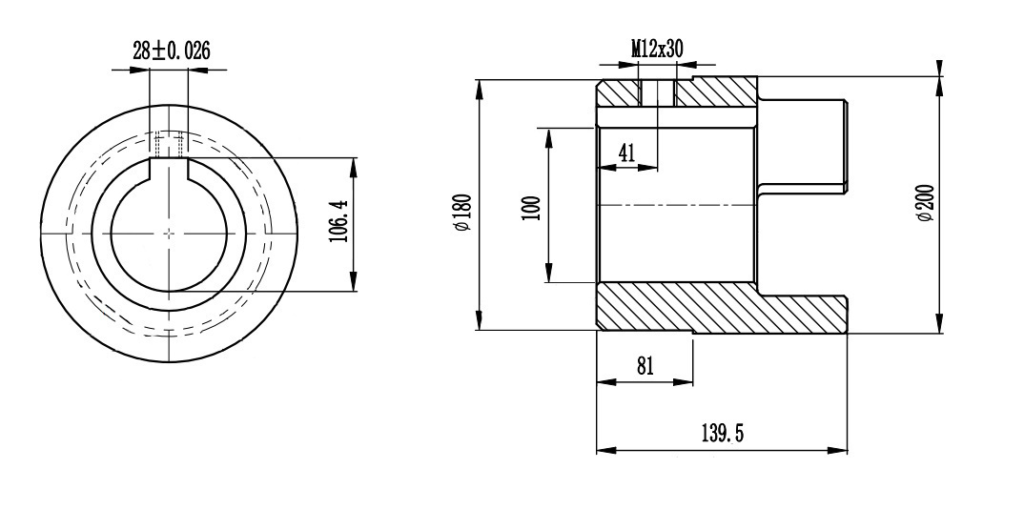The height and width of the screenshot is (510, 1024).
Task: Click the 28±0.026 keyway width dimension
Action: tap(172, 51)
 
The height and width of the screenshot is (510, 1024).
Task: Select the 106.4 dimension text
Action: tap(338, 221)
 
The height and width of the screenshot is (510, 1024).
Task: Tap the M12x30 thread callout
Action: tap(657, 49)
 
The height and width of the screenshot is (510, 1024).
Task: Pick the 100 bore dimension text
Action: tap(532, 209)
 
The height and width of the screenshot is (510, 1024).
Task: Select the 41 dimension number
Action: tap(626, 153)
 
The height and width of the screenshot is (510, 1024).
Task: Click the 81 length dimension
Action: tap(645, 365)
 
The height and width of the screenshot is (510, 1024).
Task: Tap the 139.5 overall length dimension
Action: tap(723, 433)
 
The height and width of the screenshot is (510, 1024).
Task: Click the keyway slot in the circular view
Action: tap(169, 168)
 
